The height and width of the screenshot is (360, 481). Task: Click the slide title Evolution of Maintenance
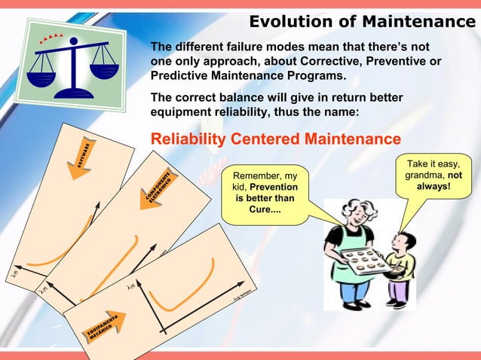357,20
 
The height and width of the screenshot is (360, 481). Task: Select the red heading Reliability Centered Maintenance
276,139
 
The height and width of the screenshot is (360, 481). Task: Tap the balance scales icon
72,59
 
